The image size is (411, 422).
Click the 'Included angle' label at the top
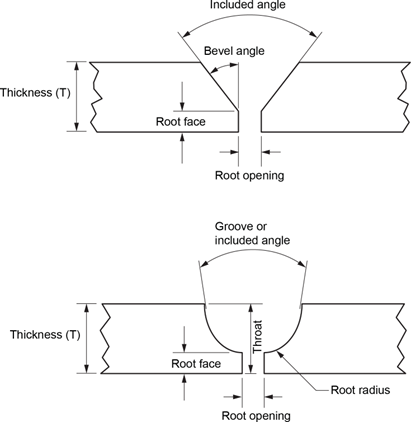coord(248,5)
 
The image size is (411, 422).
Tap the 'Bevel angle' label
coord(234,51)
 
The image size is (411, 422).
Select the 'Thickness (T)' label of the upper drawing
coord(35,92)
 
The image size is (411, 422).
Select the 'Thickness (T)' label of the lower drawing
coord(45,334)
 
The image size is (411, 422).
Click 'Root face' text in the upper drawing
coord(181,121)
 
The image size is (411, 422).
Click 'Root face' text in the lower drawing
coord(196,363)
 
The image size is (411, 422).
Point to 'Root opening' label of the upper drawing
coord(249,175)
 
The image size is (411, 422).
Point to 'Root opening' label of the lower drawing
coord(256,416)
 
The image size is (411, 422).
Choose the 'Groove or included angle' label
coord(252,233)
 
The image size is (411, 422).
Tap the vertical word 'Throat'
coord(258,337)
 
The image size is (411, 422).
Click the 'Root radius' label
coord(360,390)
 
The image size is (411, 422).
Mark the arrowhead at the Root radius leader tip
coord(280,353)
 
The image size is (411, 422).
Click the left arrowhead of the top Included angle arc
coord(186,33)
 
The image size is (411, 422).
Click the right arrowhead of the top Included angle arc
coord(312,33)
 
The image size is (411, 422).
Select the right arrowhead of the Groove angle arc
coord(301,264)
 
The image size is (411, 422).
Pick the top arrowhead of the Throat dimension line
coord(250,308)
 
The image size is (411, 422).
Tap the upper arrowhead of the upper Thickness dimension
coord(77,66)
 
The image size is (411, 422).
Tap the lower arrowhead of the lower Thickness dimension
coord(87,369)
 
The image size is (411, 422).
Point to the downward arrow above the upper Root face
coord(182,96)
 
